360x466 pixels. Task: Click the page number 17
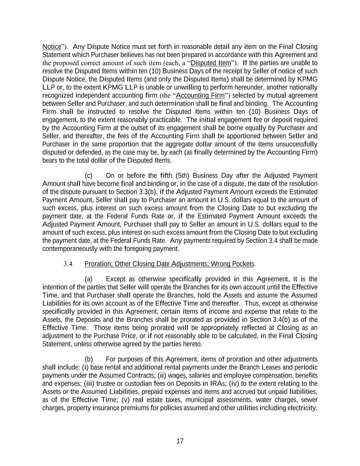click(180, 441)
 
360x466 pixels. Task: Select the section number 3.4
click(68, 264)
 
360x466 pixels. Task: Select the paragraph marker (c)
click(89, 176)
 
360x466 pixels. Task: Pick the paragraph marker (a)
click(89, 279)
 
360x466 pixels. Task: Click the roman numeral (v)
click(125, 400)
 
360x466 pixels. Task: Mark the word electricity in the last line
click(303, 408)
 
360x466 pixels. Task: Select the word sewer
click(309, 400)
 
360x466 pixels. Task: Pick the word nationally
click(304, 87)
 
